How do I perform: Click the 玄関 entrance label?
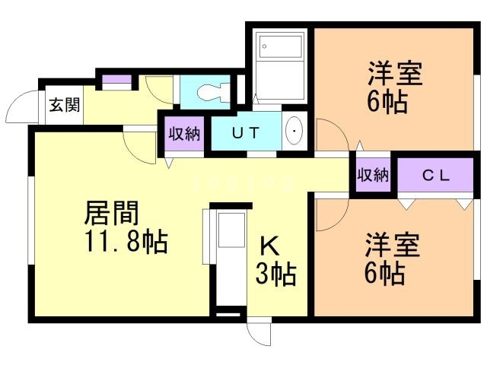click(x=65, y=106)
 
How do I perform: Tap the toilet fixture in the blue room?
click(x=210, y=93)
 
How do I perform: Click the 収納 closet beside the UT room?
click(x=183, y=134)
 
